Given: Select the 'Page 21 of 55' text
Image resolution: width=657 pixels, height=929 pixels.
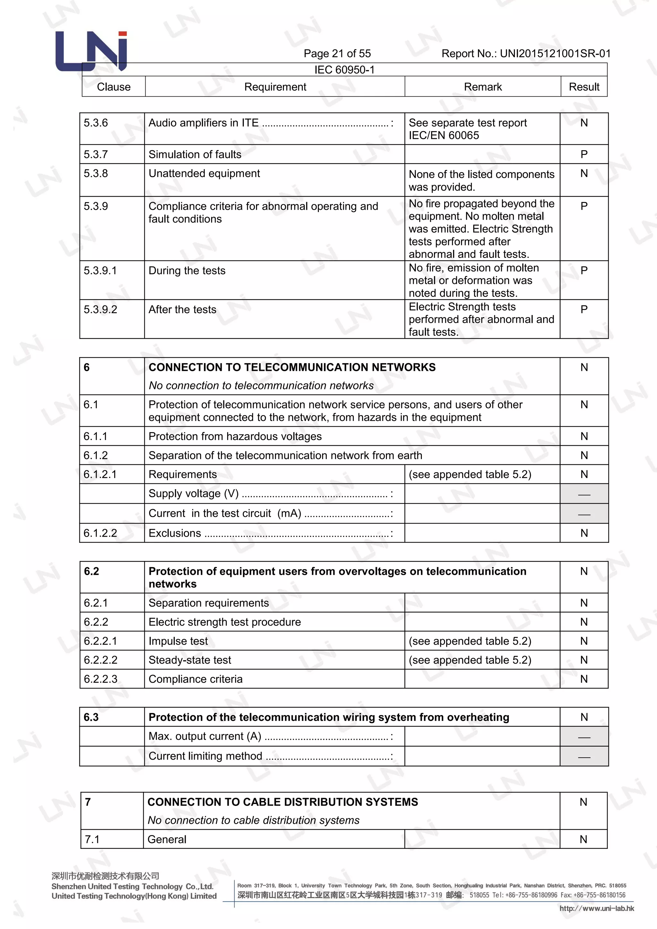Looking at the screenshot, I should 337,53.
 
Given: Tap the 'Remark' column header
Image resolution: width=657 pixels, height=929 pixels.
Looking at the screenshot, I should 482,87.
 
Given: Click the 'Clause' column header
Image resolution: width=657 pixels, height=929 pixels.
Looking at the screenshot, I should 114,87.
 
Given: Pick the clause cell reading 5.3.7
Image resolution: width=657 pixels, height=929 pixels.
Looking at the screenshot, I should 96,155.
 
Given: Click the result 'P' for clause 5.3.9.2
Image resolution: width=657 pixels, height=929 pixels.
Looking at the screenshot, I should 584,310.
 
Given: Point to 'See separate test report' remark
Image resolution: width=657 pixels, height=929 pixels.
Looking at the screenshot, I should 468,123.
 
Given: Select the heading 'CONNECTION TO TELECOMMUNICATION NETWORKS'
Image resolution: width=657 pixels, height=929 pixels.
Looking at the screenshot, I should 292,367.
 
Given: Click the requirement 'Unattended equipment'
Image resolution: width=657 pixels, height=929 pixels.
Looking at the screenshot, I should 204,174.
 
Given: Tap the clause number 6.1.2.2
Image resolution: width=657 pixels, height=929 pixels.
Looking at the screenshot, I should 100,533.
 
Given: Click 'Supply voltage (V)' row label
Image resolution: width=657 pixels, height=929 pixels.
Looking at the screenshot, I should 193,494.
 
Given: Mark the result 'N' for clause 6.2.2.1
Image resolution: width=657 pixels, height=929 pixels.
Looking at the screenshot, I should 584,641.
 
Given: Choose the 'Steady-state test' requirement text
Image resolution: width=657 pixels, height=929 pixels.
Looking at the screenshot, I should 190,660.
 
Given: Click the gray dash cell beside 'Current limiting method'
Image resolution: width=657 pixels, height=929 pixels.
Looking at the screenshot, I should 584,757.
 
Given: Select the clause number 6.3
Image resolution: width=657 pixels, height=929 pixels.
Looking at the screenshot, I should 91,717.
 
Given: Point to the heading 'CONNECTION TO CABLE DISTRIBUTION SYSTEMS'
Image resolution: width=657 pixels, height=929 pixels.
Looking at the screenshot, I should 282,802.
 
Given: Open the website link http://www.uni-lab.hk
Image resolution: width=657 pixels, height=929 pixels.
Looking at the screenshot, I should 597,909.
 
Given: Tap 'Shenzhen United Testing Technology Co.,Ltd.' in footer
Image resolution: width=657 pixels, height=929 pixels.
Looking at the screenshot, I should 132,887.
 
